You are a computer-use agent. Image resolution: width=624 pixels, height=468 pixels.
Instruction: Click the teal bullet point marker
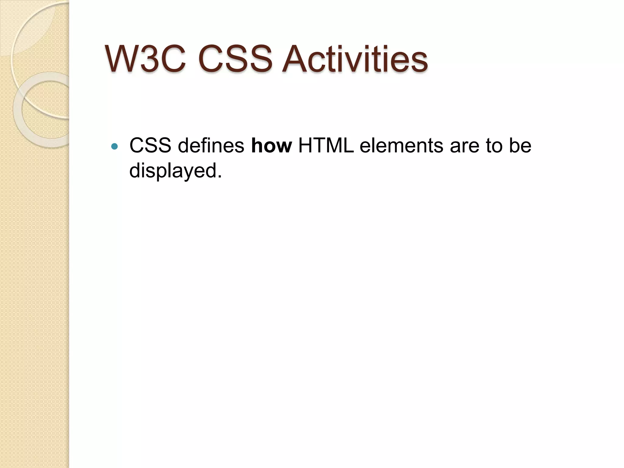click(115, 147)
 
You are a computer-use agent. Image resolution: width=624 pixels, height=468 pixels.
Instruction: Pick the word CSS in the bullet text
click(150, 146)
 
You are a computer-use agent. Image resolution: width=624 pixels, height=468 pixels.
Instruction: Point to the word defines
click(211, 146)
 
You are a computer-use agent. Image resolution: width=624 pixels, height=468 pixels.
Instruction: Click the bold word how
click(271, 146)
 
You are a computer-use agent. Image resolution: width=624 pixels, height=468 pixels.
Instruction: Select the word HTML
click(326, 146)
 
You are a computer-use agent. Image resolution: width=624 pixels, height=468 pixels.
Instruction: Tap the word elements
click(401, 146)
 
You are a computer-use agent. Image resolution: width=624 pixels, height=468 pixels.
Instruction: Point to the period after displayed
click(219, 177)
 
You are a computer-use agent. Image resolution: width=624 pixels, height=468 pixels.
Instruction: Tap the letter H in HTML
click(306, 146)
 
